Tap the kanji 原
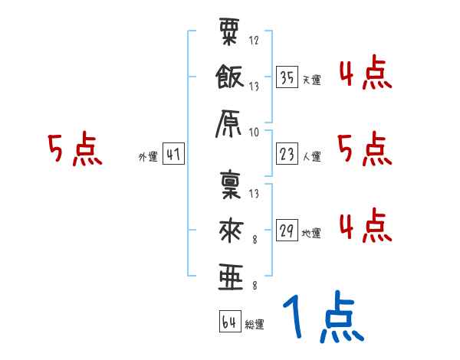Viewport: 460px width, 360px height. click(230, 123)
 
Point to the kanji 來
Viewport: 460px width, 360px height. click(230, 230)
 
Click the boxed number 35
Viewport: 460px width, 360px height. click(287, 77)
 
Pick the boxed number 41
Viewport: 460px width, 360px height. click(172, 155)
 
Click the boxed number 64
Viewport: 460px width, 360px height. click(228, 322)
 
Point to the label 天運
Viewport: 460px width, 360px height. click(312, 79)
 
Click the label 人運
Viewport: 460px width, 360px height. click(312, 156)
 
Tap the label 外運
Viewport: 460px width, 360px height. click(148, 156)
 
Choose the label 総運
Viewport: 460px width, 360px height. click(255, 324)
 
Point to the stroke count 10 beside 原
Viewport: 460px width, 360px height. click(254, 132)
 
